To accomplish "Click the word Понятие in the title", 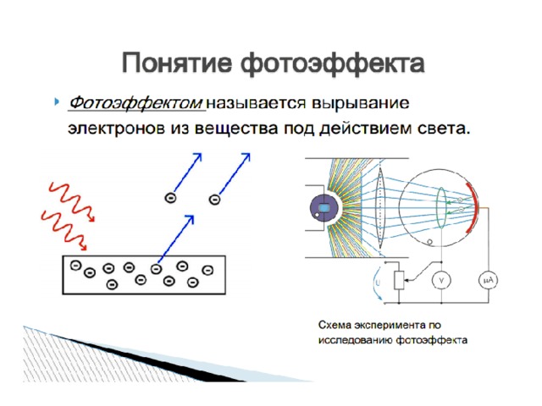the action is [x=177, y=63].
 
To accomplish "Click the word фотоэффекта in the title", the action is [x=333, y=63].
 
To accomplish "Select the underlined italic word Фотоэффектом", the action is [x=136, y=103].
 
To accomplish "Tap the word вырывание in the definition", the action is [x=361, y=103].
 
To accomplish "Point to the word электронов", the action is [x=116, y=129].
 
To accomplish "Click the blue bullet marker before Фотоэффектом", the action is [x=57, y=101].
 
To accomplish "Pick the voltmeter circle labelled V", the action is [x=441, y=280].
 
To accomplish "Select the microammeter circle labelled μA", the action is [x=489, y=280].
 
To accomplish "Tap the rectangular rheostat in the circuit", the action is [x=399, y=280].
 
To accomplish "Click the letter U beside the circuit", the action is [x=378, y=283].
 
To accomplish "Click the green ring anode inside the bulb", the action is [x=441, y=208].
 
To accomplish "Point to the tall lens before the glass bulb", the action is [x=380, y=207].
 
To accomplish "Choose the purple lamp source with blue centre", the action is [x=324, y=208].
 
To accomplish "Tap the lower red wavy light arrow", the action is [x=64, y=230].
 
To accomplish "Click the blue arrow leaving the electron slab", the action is [x=175, y=239].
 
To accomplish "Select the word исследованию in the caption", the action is [x=356, y=340].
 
